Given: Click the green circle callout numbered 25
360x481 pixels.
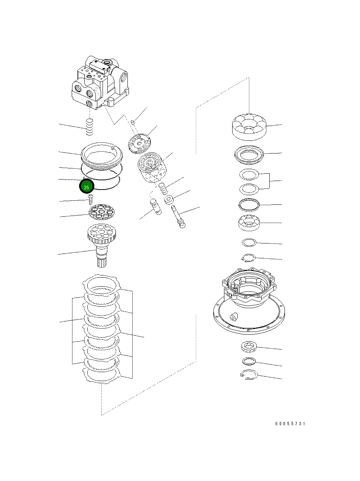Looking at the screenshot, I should tap(87, 187).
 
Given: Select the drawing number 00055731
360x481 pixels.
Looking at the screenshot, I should tap(290, 423).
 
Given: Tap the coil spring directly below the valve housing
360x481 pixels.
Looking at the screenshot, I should tap(90, 127).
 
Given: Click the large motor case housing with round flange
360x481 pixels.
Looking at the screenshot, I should tap(248, 301).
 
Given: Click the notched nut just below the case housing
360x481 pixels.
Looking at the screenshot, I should tap(249, 347).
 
